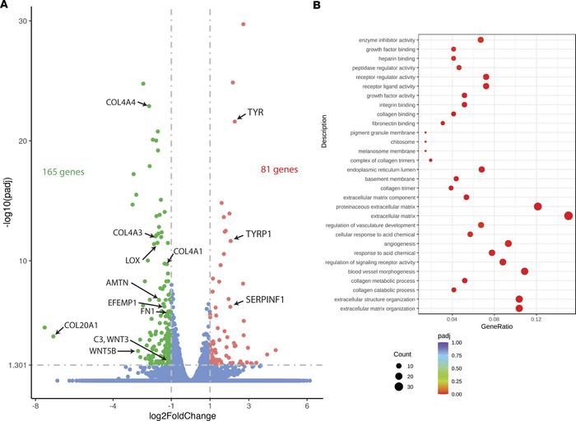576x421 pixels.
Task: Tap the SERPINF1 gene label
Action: [x=265, y=299]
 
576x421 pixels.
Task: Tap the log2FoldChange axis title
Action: [x=182, y=416]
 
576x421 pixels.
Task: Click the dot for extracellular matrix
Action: [x=569, y=215]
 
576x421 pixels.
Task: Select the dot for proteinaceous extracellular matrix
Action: [x=538, y=206]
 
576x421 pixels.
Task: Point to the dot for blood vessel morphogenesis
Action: [x=524, y=271]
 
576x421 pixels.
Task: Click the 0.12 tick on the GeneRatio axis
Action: [x=537, y=317]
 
